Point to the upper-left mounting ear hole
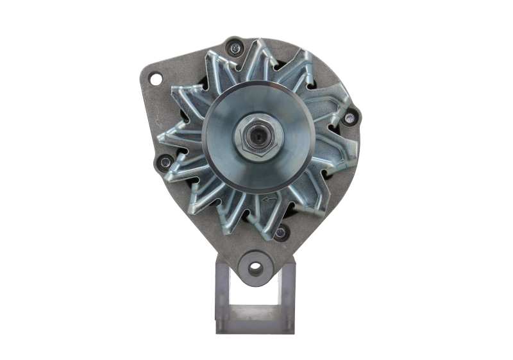(x=155, y=78)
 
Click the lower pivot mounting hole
(x=256, y=266)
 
